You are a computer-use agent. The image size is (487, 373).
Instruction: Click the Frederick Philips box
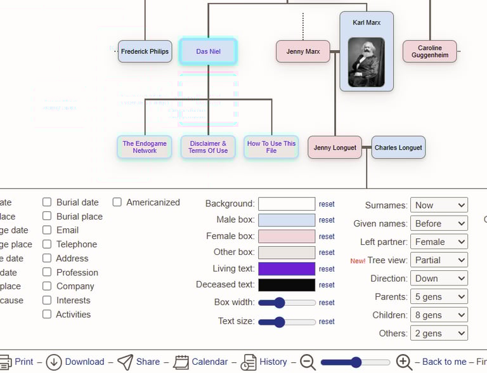pos(145,51)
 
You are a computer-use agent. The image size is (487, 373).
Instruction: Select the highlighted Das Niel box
pos(208,51)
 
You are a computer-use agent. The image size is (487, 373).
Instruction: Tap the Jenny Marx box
pos(303,51)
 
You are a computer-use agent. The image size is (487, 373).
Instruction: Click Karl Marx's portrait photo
pos(366,62)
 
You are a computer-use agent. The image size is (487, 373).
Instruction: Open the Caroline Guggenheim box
pos(429,51)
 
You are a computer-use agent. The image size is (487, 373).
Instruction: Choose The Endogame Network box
pos(145,147)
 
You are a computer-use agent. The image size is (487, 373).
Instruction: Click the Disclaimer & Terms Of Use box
pos(208,147)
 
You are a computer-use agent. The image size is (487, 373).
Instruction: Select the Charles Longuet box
pos(398,148)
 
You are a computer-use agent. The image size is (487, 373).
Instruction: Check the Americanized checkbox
pos(117,202)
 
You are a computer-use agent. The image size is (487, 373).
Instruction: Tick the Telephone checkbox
pos(47,244)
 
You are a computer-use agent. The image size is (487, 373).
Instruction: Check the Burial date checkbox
pos(47,202)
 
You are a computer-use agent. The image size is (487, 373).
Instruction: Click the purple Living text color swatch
pos(287,269)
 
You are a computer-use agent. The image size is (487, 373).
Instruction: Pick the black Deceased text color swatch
pos(287,285)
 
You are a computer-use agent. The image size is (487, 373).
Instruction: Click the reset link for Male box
pos(327,220)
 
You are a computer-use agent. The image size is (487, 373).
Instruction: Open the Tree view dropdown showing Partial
pos(439,260)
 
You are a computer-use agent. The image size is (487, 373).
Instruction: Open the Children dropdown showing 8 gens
pos(439,315)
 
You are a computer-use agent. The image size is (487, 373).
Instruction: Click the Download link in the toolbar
pos(84,362)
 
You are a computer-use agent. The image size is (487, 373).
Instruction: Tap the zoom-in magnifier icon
pos(404,362)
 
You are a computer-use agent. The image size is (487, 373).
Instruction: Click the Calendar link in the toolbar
pos(209,362)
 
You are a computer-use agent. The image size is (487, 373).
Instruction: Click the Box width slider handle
pos(280,303)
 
